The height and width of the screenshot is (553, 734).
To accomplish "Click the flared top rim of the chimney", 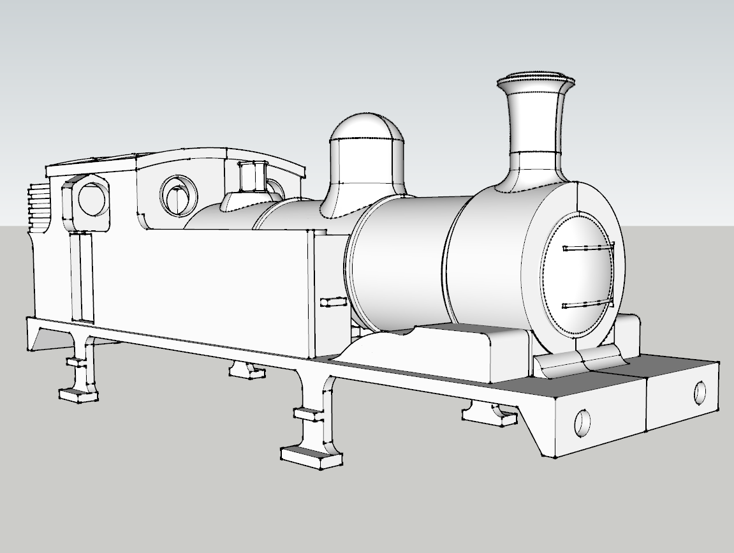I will point(536,81).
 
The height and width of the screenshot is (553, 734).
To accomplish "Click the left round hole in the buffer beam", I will point(582,422).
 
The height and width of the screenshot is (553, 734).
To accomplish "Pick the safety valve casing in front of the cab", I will point(253,176).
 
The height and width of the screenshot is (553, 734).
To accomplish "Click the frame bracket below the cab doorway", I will point(82,370).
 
